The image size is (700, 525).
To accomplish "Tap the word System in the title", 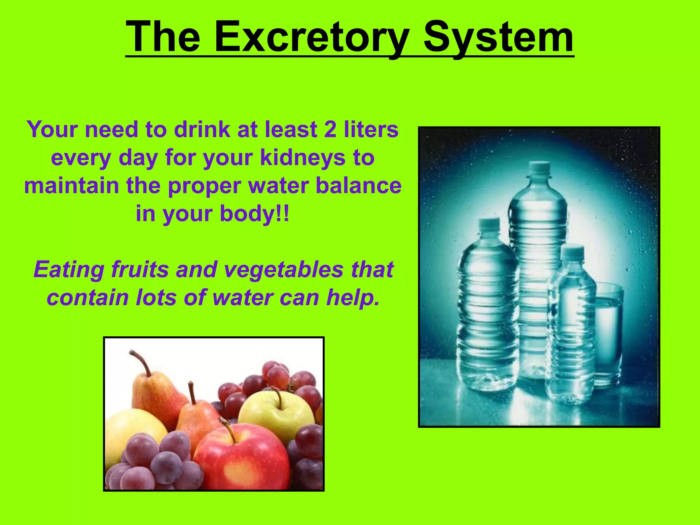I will point(498,37).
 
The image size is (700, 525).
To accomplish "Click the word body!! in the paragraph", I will point(255,214).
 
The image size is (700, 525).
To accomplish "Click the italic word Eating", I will point(69,270).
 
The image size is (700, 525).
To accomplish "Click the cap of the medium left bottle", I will point(489,224).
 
